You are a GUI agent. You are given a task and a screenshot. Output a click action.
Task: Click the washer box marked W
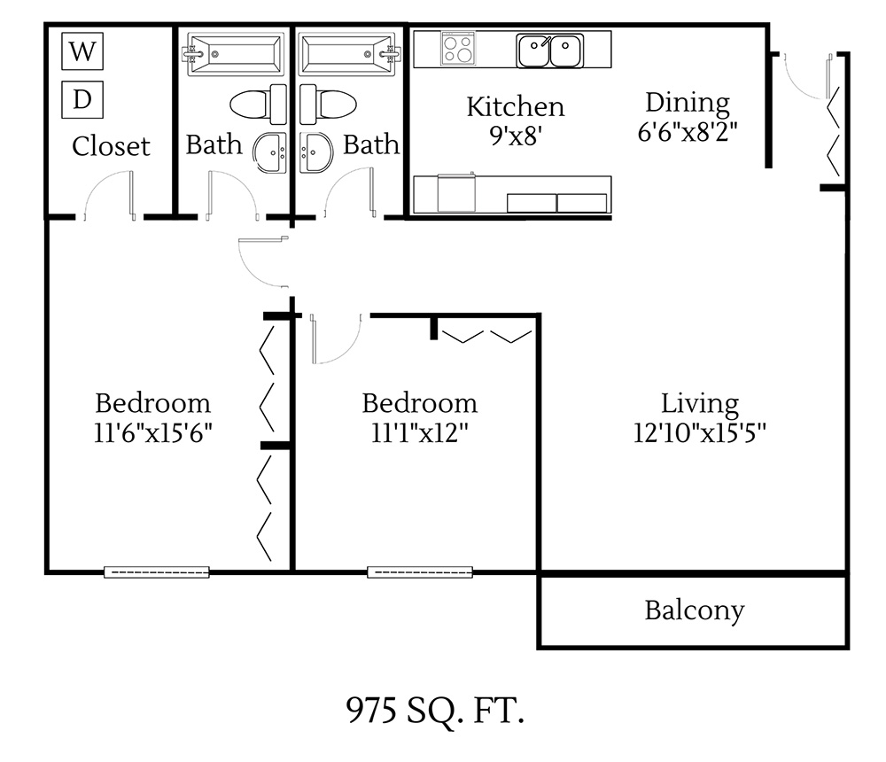(82, 51)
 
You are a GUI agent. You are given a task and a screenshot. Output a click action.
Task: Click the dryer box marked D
(82, 99)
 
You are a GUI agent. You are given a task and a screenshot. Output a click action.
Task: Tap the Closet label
(111, 145)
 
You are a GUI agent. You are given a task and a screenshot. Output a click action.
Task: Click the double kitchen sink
(549, 51)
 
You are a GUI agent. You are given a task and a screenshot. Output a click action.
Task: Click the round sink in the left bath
(270, 153)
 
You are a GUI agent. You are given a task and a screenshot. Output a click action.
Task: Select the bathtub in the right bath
(346, 53)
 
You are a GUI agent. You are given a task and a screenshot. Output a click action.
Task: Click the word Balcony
(694, 610)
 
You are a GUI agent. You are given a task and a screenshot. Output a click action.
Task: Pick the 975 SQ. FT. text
(434, 711)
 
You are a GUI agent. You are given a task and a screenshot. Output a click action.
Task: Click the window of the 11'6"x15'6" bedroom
(157, 571)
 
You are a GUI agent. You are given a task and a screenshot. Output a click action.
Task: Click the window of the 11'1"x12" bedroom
(420, 571)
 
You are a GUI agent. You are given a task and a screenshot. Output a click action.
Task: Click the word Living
(700, 404)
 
